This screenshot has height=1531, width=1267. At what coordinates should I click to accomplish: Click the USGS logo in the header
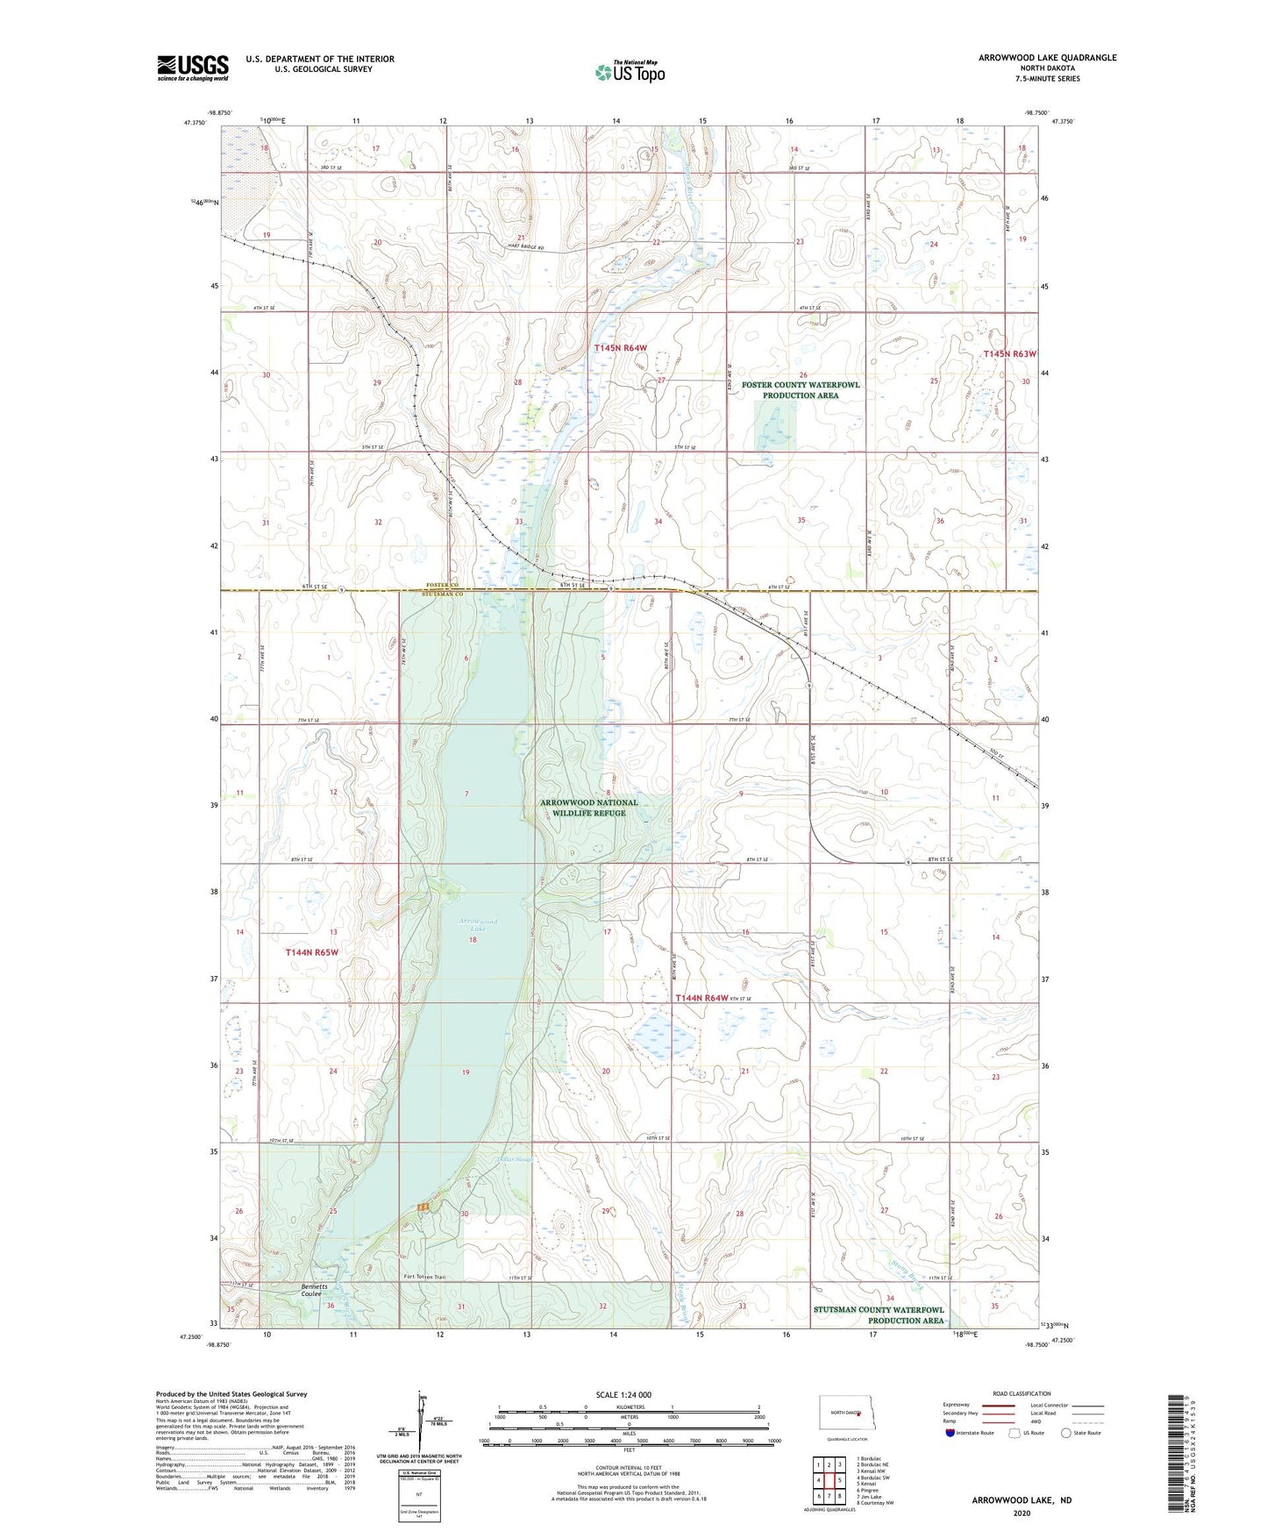tap(193, 68)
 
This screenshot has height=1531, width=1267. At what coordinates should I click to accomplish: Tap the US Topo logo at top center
tap(630, 72)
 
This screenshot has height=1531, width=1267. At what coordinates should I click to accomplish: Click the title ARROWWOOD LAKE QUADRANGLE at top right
tap(1047, 58)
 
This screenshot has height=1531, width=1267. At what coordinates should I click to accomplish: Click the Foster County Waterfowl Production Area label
tap(801, 390)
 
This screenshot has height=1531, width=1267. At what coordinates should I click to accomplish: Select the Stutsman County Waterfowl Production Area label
tap(879, 1315)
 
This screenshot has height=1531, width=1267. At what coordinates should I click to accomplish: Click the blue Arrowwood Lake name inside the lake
tap(479, 925)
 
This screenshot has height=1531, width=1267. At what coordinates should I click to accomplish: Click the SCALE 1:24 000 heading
tap(623, 1394)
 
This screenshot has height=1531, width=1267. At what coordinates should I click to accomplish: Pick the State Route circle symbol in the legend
tap(1066, 1433)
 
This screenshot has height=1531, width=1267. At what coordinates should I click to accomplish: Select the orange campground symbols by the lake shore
tap(423, 1207)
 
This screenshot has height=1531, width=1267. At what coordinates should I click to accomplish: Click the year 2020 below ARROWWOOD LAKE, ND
tap(1021, 1513)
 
